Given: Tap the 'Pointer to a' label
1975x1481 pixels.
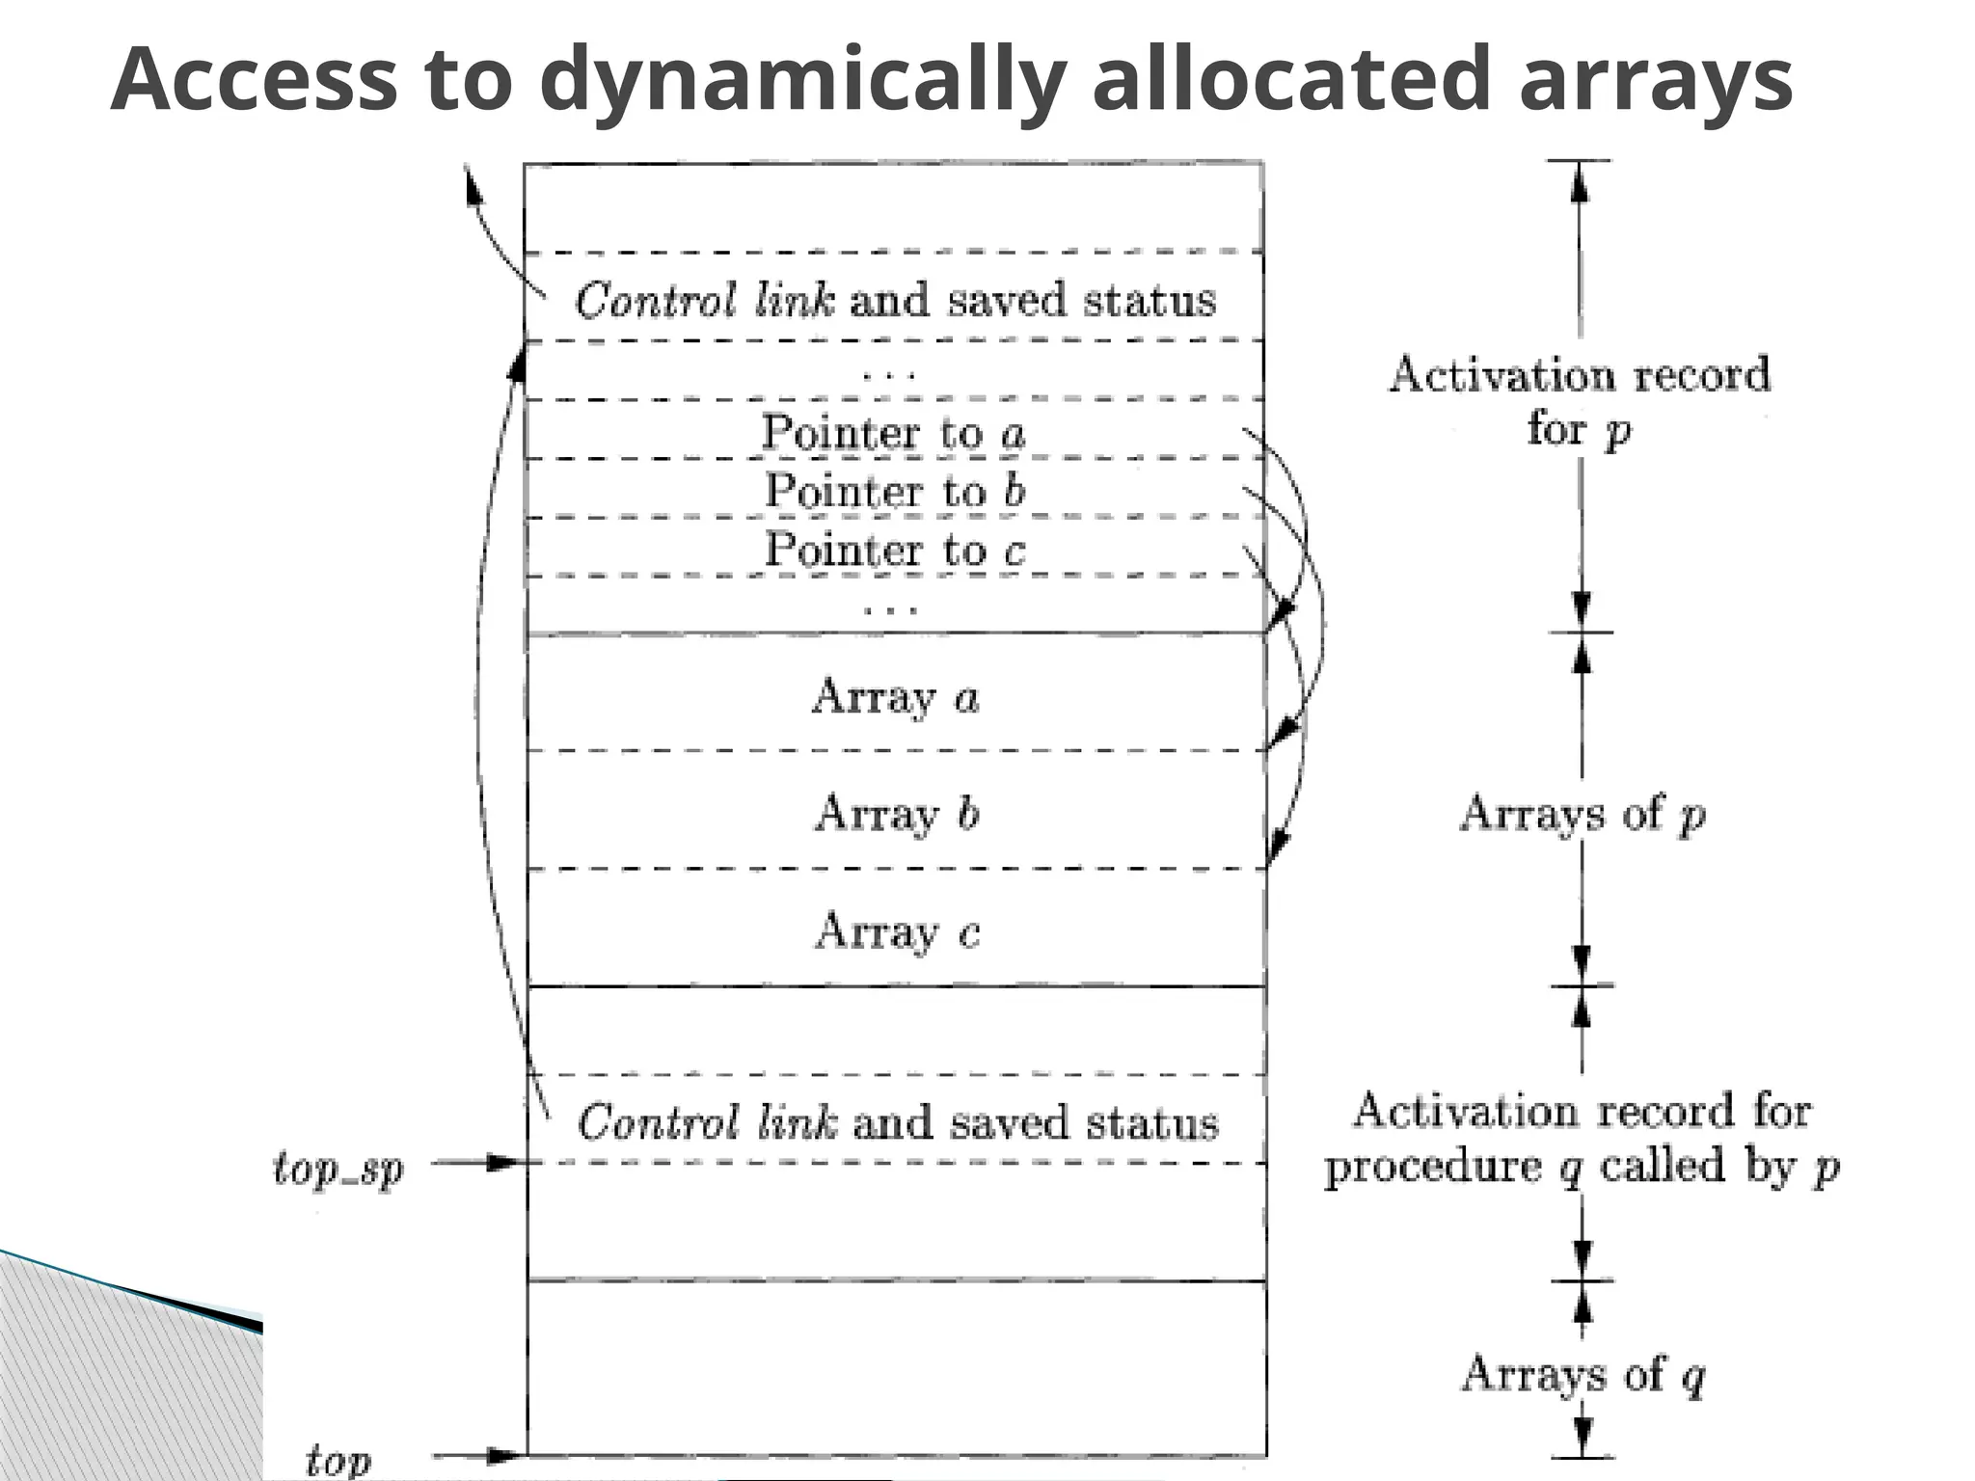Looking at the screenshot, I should [893, 432].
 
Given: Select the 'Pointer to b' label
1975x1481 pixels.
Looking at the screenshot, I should [894, 491].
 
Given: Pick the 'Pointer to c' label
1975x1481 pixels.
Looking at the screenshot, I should [894, 550].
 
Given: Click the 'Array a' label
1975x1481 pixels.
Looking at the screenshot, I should [895, 696].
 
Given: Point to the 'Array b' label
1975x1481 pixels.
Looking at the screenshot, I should [897, 814].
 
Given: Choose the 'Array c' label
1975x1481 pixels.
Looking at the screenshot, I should [897, 931].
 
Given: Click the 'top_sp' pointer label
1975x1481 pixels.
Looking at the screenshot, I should [338, 1170].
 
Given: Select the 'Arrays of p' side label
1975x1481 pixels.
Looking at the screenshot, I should [1582, 815].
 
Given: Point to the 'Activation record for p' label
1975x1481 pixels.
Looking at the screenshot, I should [1579, 400].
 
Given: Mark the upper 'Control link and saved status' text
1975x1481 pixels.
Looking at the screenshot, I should [895, 300].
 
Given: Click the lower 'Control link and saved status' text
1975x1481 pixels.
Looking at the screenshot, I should [897, 1123].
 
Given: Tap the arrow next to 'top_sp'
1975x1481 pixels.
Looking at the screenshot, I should [477, 1163].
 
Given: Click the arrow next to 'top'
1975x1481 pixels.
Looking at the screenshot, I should [477, 1456].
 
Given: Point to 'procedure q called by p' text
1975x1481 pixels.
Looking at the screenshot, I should [1582, 1167].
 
